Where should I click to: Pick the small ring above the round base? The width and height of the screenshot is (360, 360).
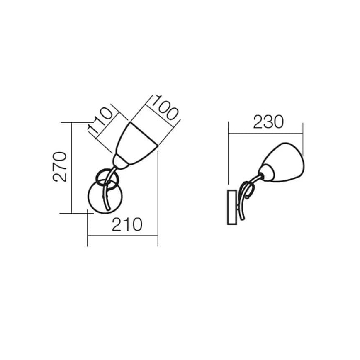(x=107, y=179)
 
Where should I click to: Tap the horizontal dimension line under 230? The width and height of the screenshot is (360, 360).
(x=265, y=134)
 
